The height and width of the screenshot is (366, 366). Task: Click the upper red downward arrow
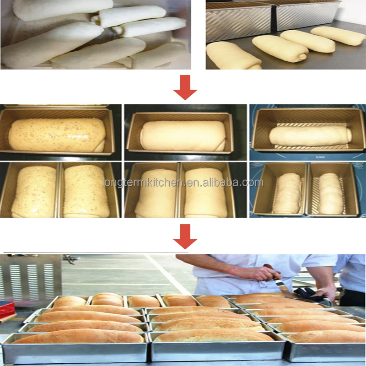tap(185, 89)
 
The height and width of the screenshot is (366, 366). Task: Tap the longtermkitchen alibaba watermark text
tap(183, 183)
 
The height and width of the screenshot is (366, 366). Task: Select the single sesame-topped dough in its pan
tap(57, 135)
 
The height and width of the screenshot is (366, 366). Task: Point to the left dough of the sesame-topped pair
tap(34, 191)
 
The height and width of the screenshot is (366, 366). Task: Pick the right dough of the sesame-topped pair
tap(86, 191)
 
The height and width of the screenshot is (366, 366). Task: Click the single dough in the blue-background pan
tap(310, 135)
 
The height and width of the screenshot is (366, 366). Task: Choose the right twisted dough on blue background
tap(330, 193)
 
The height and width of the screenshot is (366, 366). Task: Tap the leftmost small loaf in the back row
tap(70, 301)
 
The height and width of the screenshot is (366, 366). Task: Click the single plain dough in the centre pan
tap(183, 136)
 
